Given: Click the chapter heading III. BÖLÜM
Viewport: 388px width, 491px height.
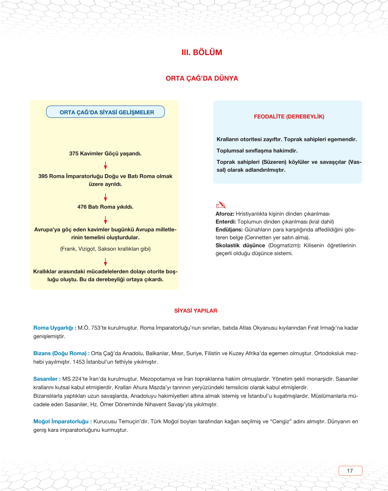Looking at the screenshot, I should (x=202, y=52).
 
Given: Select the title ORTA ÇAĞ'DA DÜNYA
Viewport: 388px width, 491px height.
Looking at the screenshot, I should (x=202, y=78).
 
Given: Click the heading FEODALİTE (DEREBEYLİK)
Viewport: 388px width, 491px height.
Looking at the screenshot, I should (x=289, y=117).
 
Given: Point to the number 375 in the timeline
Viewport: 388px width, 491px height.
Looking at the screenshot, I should (x=74, y=154).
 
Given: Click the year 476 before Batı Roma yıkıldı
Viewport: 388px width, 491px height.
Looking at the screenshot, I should (x=82, y=207).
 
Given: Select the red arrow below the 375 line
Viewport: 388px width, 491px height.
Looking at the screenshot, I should (x=106, y=165).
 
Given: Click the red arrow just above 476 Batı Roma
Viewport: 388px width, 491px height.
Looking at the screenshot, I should (x=106, y=197).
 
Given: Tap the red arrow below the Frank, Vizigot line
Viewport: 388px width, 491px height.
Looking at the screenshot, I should (x=106, y=262).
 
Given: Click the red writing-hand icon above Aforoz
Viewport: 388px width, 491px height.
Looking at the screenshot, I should (x=221, y=205).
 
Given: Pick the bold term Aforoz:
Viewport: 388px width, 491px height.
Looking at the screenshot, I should (x=225, y=214).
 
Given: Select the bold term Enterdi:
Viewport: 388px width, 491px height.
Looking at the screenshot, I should (x=225, y=222).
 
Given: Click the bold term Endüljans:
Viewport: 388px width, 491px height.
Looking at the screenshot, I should (x=229, y=230).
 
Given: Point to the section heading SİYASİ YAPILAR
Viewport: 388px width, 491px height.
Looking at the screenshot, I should (x=195, y=311).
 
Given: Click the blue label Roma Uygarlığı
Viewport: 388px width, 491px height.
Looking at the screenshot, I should (x=53, y=328).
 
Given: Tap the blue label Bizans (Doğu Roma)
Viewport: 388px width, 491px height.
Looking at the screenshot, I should (x=60, y=354).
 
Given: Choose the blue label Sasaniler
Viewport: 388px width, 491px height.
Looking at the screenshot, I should (x=45, y=379).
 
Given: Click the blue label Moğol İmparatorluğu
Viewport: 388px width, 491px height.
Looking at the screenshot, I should (x=61, y=422).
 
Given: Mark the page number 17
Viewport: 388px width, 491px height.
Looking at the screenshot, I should (x=350, y=471).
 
